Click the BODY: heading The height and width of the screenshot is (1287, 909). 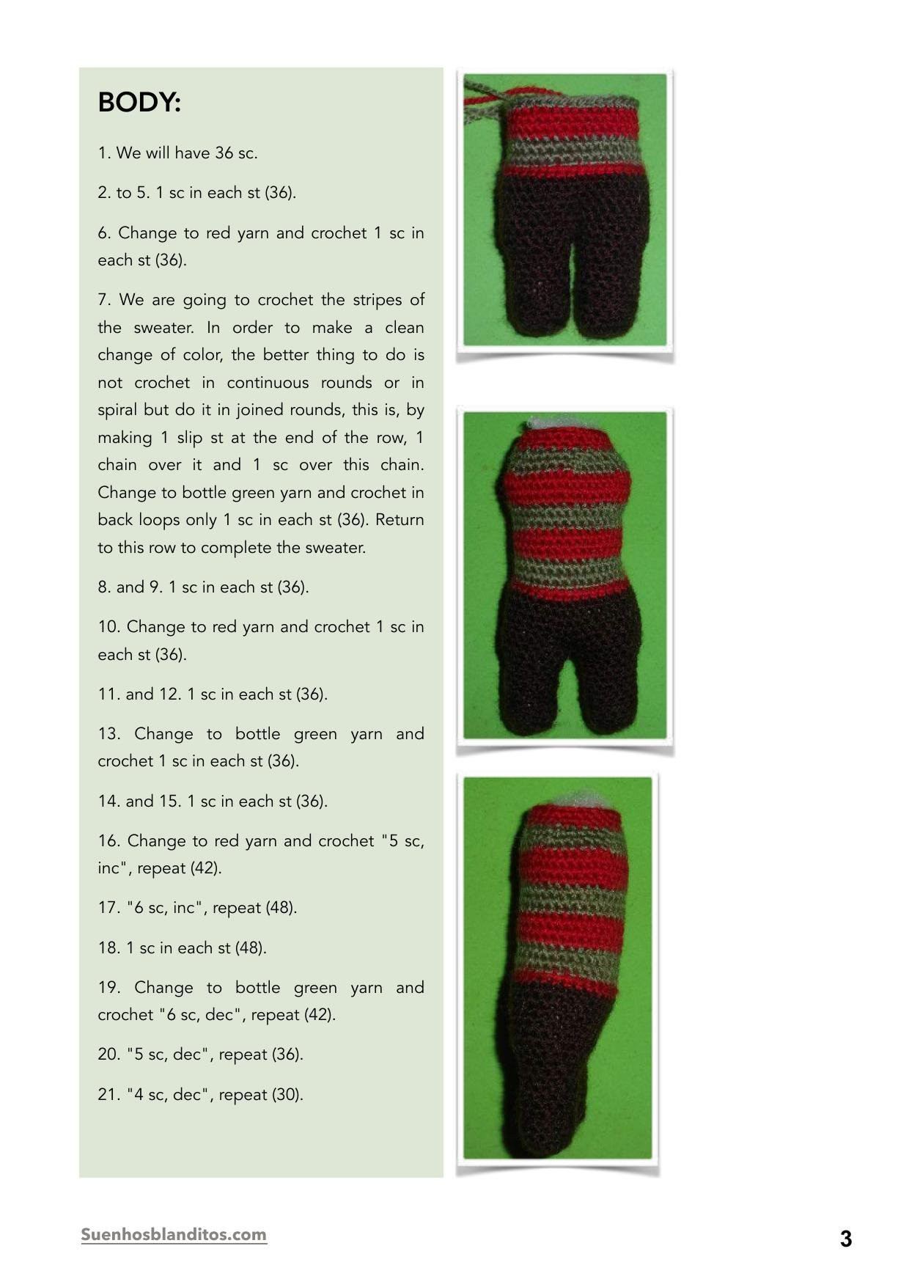tap(139, 103)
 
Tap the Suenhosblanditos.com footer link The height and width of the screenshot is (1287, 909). tap(174, 1234)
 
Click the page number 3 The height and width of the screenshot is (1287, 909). tap(846, 1239)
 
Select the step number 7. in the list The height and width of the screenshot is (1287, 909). tap(105, 300)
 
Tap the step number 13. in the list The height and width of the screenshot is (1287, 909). tap(109, 734)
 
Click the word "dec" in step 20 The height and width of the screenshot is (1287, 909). tap(185, 1055)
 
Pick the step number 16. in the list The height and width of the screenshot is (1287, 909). tap(109, 841)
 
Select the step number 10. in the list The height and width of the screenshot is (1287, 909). tap(108, 627)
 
